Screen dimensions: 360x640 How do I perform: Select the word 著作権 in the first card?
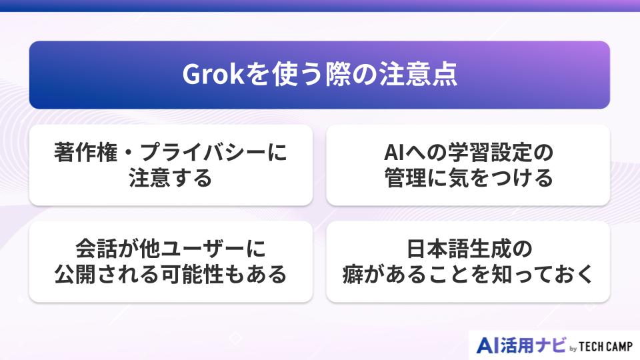[84, 153]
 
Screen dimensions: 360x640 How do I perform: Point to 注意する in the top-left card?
[171, 178]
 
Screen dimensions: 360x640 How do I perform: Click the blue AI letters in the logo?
[489, 345]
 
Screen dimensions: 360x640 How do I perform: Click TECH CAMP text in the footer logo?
[607, 347]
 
